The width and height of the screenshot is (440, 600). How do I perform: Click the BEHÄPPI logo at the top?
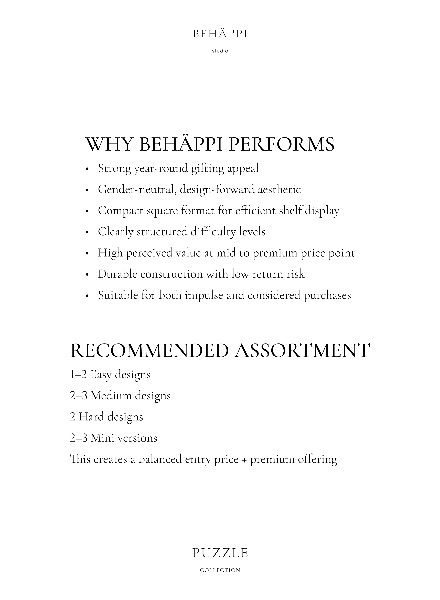tap(220, 34)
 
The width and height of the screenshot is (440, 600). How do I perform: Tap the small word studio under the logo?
tap(220, 51)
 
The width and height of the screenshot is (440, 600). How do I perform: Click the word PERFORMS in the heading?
tap(282, 144)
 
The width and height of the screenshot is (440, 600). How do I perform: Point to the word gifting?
tap(208, 168)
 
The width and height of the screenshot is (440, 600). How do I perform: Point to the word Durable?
tap(117, 274)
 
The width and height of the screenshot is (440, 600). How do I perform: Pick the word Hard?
tap(91, 417)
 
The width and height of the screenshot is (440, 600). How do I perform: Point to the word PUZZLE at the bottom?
tap(220, 553)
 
